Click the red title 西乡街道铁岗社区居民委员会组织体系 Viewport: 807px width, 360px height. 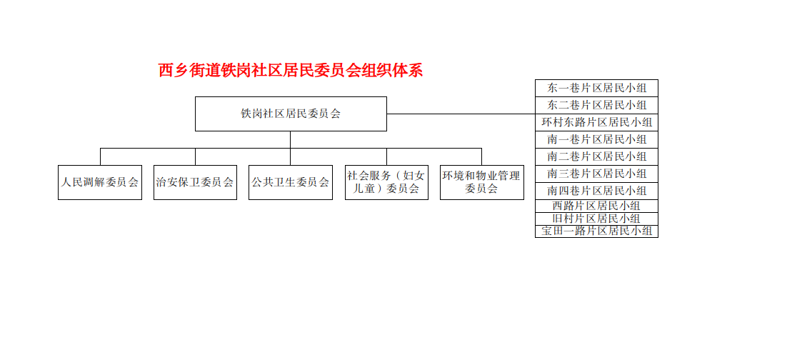pos(291,71)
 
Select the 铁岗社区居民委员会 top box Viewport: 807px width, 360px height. pos(291,114)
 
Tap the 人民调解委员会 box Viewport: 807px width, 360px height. pos(100,182)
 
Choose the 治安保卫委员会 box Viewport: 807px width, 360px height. pos(195,182)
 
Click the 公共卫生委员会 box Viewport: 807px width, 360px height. pos(290,182)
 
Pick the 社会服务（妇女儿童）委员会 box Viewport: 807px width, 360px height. pos(386,182)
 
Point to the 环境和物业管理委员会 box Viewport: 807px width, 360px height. pos(482,182)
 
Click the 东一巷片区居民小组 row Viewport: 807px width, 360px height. pos(596,88)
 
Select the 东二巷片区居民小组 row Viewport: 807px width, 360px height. pos(596,105)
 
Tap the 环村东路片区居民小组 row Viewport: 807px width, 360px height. pos(596,123)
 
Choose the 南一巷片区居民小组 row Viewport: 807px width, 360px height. pos(596,139)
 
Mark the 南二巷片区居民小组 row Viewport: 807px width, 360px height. pos(596,156)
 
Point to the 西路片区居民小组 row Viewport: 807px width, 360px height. pos(596,206)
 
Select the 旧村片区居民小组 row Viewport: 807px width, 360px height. pos(596,219)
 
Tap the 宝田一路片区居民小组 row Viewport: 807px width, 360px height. pos(596,231)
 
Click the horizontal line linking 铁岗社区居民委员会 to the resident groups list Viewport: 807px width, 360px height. pos(461,114)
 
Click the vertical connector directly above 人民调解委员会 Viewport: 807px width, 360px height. pos(101,156)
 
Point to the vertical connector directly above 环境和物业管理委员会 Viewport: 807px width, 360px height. pos(482,156)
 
